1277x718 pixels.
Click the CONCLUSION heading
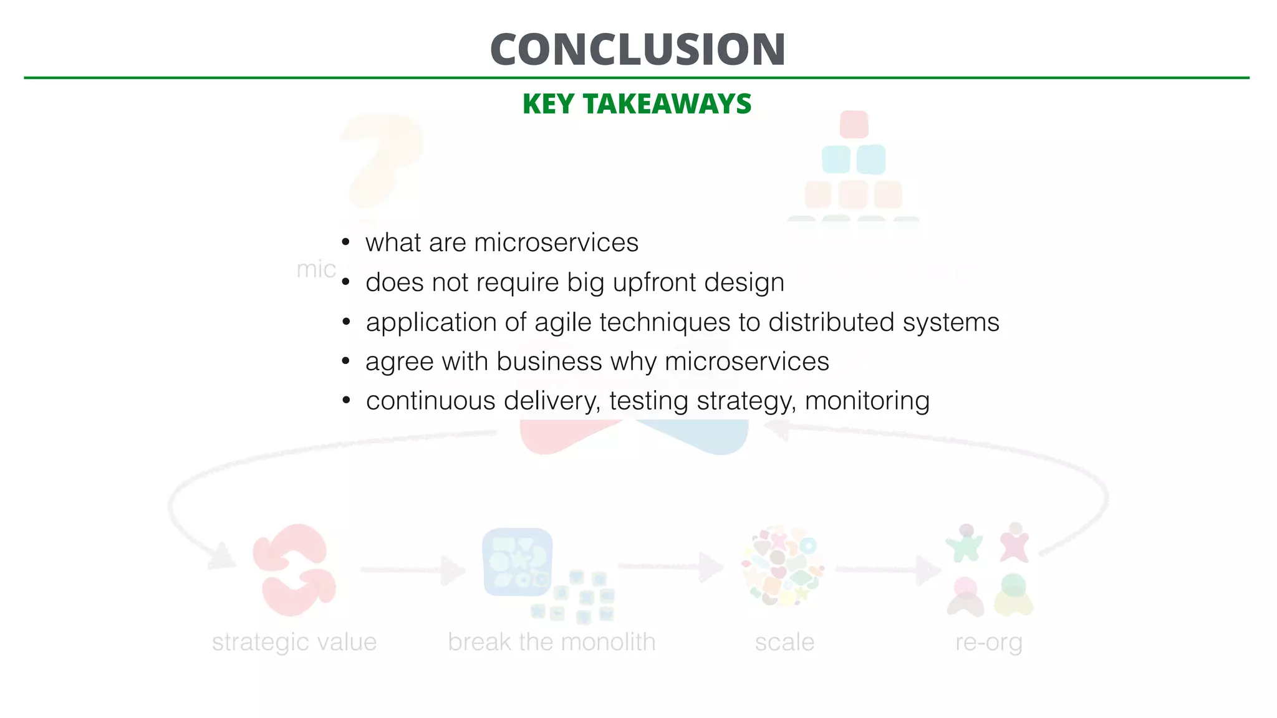point(637,49)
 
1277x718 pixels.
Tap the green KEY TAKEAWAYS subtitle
point(637,103)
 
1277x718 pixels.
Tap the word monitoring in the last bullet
point(867,401)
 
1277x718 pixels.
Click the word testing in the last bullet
point(648,401)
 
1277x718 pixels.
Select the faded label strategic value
point(294,642)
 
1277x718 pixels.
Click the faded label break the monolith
point(551,642)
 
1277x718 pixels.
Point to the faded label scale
point(784,642)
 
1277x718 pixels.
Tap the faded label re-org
point(988,642)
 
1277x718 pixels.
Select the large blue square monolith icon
point(517,562)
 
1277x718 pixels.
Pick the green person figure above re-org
point(964,542)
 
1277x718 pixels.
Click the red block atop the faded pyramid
point(854,124)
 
